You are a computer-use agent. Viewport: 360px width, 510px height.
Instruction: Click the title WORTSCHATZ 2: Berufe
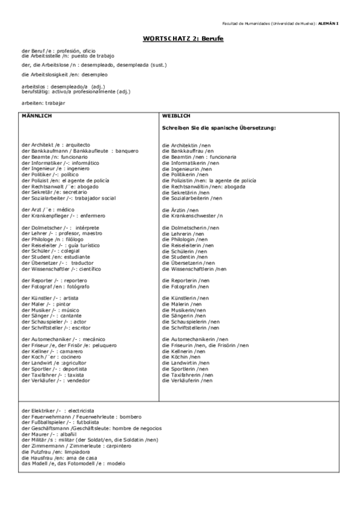pos(180,37)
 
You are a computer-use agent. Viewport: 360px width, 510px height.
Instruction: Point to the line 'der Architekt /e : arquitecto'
pos(55,145)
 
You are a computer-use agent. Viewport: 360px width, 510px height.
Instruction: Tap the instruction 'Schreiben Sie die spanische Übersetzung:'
pos(219,128)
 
